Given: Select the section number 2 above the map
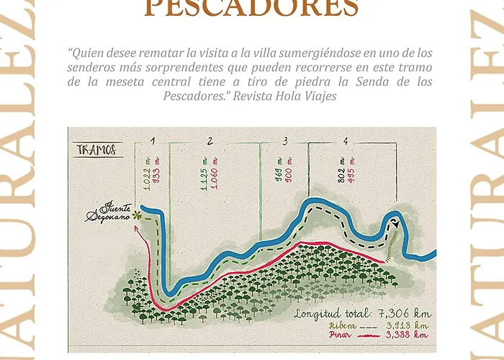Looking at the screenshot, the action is pyautogui.click(x=210, y=140).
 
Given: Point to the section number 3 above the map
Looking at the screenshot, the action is pyautogui.click(x=285, y=140).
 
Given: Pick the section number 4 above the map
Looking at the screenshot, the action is pyautogui.click(x=346, y=140).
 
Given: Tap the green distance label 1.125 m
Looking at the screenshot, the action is pyautogui.click(x=204, y=174).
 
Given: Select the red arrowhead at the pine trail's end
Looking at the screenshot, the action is pyautogui.click(x=149, y=235).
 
